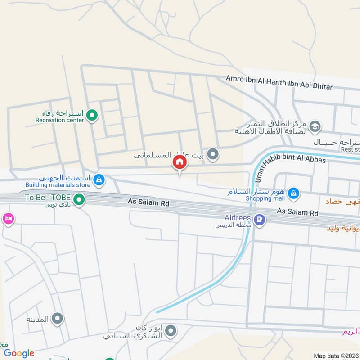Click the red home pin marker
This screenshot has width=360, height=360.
pyautogui.click(x=179, y=162)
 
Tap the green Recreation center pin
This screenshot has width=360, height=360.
pyautogui.click(x=92, y=116)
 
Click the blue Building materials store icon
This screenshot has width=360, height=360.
pyautogui.click(x=99, y=181)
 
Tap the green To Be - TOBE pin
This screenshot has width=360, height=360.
pyautogui.click(x=80, y=198)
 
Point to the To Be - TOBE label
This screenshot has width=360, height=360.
pyautogui.click(x=47, y=198)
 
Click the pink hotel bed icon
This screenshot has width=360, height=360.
pyautogui.click(x=9, y=219)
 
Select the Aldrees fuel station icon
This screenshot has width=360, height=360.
pyautogui.click(x=260, y=220)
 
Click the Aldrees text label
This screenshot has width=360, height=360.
pyautogui.click(x=237, y=218)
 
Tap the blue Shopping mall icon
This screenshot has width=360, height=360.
pyautogui.click(x=293, y=193)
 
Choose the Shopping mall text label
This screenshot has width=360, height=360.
pyautogui.click(x=265, y=198)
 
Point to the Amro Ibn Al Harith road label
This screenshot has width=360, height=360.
pyautogui.click(x=279, y=82)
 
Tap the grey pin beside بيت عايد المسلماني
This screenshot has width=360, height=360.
pyautogui.click(x=214, y=155)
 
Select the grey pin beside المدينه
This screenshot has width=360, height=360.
pyautogui.click(x=57, y=319)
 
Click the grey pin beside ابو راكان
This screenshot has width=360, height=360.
pyautogui.click(x=171, y=332)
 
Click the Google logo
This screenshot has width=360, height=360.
pyautogui.click(x=19, y=353)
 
